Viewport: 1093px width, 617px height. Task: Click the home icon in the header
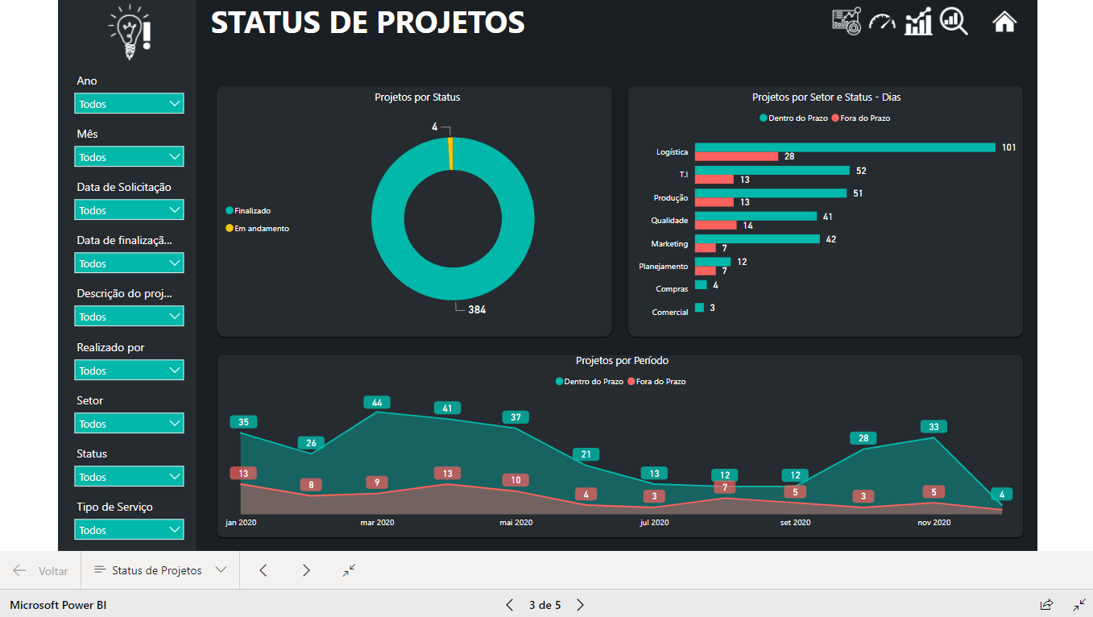coord(1004,22)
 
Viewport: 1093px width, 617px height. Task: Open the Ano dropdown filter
coord(129,104)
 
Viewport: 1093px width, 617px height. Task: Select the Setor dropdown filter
coord(129,424)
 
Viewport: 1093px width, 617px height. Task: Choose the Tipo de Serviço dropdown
coord(129,530)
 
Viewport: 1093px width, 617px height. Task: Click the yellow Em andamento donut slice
coord(450,153)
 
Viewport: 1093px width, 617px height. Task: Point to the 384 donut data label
coord(476,309)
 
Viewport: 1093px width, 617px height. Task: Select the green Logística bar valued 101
coord(844,147)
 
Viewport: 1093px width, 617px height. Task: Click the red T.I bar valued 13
coord(714,180)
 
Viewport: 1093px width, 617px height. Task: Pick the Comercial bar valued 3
coord(699,308)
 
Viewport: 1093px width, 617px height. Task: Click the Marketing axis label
coord(669,243)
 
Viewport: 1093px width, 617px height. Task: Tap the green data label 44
coord(377,403)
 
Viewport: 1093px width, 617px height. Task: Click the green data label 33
coord(934,427)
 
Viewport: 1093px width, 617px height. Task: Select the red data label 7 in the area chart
coord(725,487)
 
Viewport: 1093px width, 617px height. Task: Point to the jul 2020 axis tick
coord(654,523)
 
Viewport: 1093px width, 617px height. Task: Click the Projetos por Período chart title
coord(622,361)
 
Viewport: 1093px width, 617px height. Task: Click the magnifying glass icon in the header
coord(954,22)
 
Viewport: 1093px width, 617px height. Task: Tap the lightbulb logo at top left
coord(130,31)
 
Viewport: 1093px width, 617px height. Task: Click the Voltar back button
coord(41,570)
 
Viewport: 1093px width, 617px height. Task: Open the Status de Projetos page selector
coord(159,570)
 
